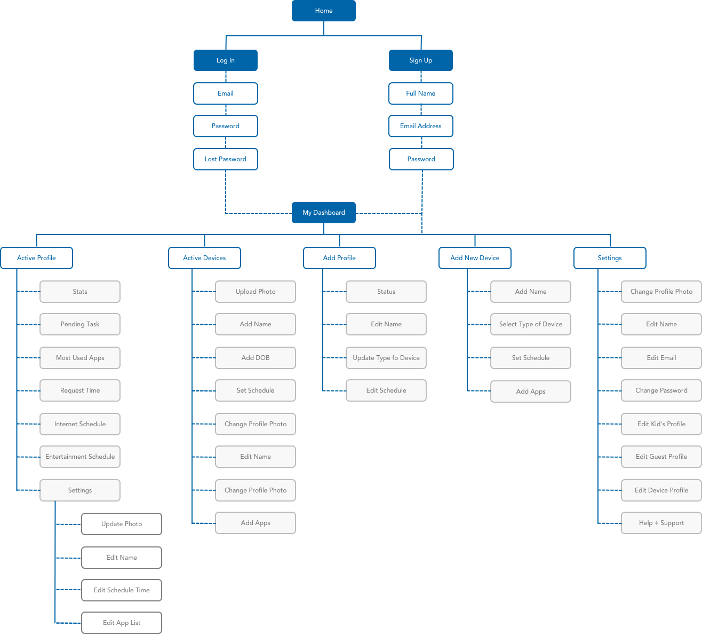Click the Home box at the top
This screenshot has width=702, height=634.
coord(324,11)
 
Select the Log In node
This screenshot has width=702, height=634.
coord(226,60)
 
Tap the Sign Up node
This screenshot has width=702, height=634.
coord(421,60)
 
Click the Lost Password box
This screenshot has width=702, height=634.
coord(226,159)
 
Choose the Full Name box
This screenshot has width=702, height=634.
coord(421,93)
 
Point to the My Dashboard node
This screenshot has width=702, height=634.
coord(324,213)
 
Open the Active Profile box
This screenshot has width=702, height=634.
coord(37,258)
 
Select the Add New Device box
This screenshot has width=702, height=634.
coord(475,258)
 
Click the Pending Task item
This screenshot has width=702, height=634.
coord(80,324)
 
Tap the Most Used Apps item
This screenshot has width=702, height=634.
coord(80,358)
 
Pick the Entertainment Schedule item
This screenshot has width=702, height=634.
coord(80,457)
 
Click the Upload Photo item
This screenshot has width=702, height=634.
coord(256,292)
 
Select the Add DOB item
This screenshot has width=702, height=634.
coord(256,358)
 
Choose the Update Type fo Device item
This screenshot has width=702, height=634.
coord(386,358)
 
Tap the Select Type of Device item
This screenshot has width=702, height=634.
coord(531,324)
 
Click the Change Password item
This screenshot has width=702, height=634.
coord(661,390)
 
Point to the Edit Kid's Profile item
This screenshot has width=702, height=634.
coord(661,424)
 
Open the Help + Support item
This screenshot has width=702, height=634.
coord(661,523)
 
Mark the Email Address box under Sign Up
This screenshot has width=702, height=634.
coord(421,126)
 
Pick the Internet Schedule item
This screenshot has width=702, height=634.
coord(80,424)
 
